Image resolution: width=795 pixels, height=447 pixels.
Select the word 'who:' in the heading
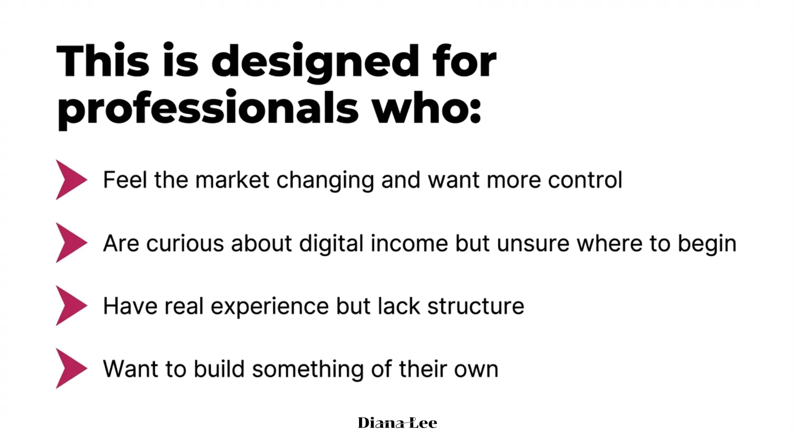point(426,106)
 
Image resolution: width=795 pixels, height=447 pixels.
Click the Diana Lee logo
point(397,423)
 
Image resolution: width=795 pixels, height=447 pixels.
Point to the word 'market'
point(232,180)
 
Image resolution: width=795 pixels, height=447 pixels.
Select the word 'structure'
point(476,306)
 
